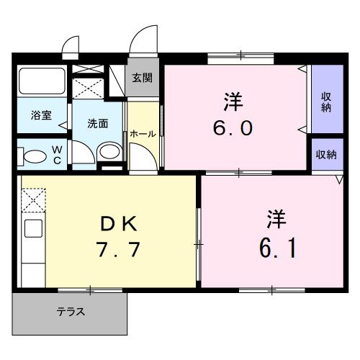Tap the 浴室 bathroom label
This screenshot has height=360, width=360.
[x=40, y=116]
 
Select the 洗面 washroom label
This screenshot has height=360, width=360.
[x=98, y=123]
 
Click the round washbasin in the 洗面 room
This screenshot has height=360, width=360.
[x=109, y=150]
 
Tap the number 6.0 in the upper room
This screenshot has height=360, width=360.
[x=232, y=128]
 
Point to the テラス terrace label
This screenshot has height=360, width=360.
[x=71, y=312]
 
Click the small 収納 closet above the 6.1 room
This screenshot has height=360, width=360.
[x=326, y=155]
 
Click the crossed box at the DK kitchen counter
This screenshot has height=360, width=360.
[x=33, y=200]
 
